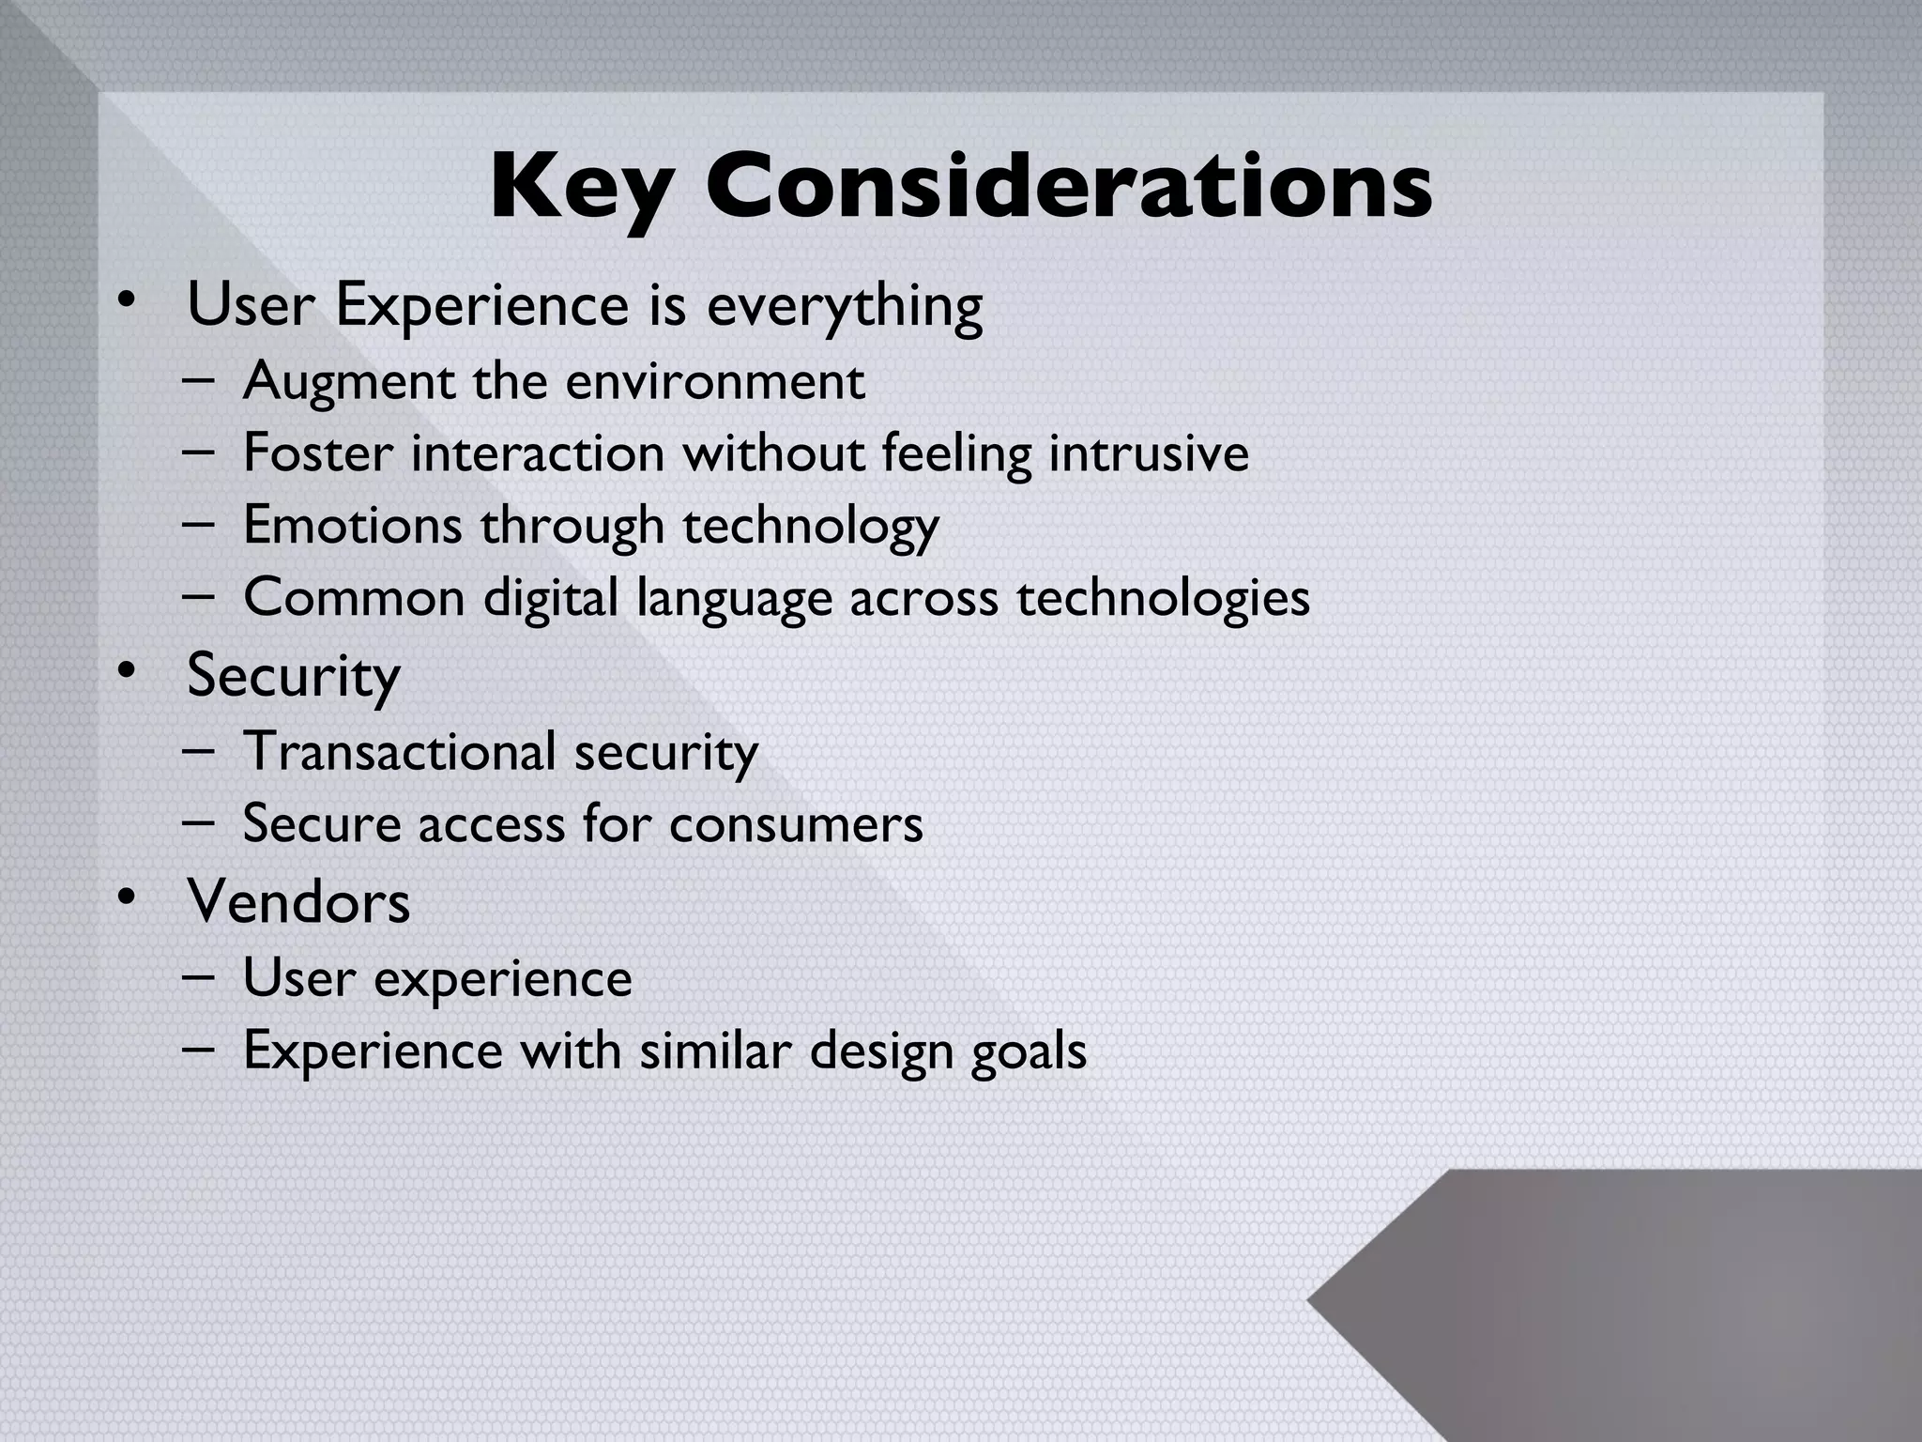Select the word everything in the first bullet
point(844,306)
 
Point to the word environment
point(714,381)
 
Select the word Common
point(354,597)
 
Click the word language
point(734,599)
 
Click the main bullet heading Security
point(293,676)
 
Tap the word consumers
point(796,824)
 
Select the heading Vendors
point(298,902)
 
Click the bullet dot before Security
point(125,671)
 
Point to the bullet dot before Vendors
point(125,898)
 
